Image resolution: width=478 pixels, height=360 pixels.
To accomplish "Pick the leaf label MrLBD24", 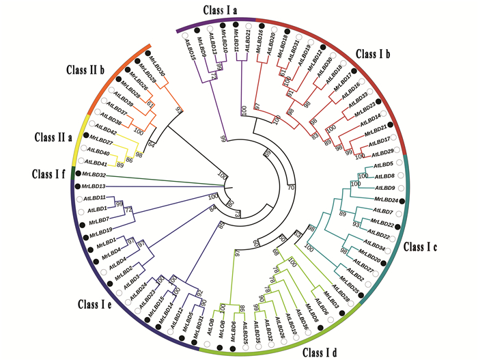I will [385, 200].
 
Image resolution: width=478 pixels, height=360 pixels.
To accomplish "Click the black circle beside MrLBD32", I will [79, 176].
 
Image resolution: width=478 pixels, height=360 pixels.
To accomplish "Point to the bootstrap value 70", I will [292, 186].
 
